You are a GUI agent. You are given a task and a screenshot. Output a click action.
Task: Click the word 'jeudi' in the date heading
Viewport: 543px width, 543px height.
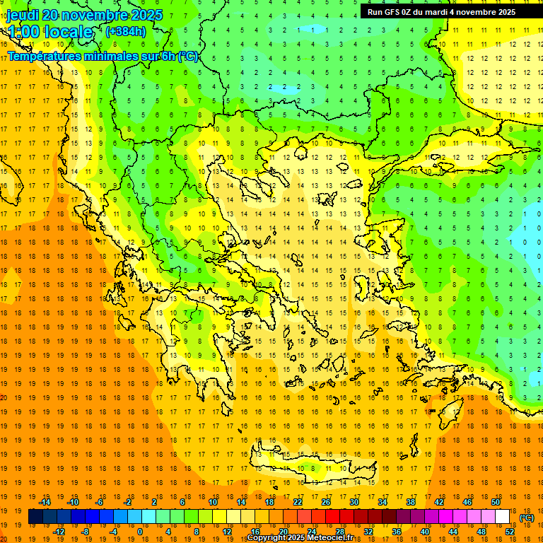(x=23, y=15)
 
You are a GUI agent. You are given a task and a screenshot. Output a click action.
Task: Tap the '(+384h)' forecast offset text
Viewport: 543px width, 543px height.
(x=125, y=31)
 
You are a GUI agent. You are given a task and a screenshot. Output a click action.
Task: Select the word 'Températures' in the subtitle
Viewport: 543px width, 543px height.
(x=44, y=56)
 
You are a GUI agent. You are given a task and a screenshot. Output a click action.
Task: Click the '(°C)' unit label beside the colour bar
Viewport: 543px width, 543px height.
(x=527, y=518)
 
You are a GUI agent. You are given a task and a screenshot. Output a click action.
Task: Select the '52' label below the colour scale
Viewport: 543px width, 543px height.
(x=509, y=532)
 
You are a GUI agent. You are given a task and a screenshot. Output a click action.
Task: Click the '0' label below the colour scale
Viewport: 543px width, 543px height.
(x=139, y=532)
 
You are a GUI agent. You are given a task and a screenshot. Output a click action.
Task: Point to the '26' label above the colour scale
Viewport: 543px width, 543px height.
(x=326, y=502)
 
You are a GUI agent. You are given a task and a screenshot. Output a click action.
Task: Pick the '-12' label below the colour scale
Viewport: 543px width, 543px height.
(x=59, y=532)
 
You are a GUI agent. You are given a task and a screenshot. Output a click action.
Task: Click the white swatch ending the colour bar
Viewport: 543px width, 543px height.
(x=502, y=517)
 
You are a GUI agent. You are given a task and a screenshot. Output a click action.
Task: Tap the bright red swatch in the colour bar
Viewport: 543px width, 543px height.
(x=332, y=517)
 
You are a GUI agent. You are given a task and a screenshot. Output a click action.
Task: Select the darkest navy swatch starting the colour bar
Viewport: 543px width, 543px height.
(x=35, y=517)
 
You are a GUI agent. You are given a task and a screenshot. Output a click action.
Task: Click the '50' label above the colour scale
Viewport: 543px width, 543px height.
(x=495, y=502)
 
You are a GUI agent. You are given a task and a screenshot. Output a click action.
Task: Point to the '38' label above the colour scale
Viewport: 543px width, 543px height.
(x=410, y=502)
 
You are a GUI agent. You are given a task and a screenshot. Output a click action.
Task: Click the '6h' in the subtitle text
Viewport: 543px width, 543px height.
(x=168, y=56)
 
